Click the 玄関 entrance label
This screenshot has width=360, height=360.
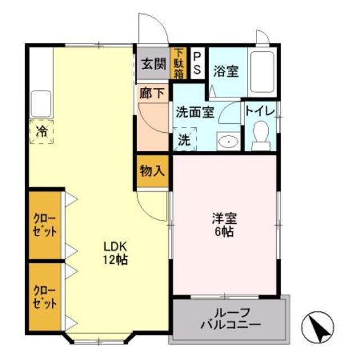click(x=152, y=63)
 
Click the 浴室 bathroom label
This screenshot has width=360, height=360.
click(x=226, y=71)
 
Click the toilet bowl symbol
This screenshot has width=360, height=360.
click(x=260, y=135)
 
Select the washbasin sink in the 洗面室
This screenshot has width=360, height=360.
click(x=228, y=141)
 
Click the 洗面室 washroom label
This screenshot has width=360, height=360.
click(x=195, y=111)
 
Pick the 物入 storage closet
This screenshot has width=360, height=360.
click(x=152, y=171)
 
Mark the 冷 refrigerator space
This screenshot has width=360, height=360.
click(x=42, y=132)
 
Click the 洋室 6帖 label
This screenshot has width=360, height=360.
click(x=224, y=224)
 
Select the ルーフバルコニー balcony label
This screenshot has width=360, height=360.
click(x=230, y=319)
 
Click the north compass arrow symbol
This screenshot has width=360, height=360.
click(x=318, y=326)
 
